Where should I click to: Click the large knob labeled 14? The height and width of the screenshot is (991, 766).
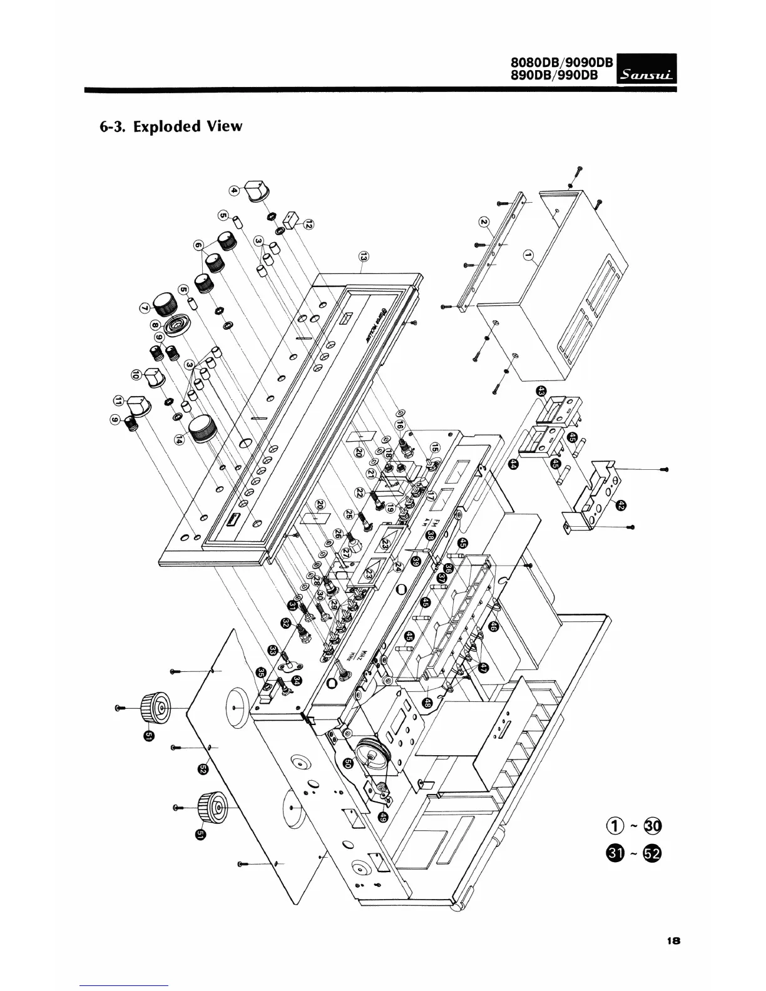pyautogui.click(x=205, y=429)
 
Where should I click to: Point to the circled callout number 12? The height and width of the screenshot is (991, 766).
pyautogui.click(x=309, y=223)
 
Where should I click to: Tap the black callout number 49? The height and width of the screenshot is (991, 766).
pyautogui.click(x=383, y=816)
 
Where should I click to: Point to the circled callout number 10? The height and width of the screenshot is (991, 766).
pyautogui.click(x=136, y=375)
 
